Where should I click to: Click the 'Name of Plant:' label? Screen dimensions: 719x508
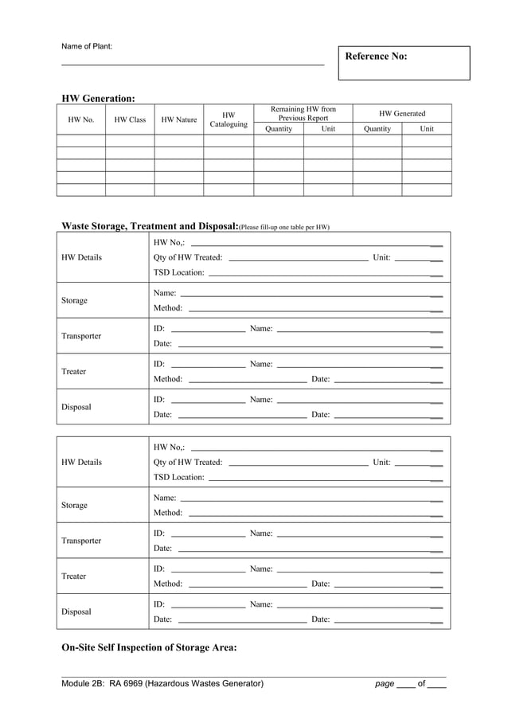87,46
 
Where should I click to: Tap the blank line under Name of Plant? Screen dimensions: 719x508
193,64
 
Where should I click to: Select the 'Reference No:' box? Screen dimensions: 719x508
404,63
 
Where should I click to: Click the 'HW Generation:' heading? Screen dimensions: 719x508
98,99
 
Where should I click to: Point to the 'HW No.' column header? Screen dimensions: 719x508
81,120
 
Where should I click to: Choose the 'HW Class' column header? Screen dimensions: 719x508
130,120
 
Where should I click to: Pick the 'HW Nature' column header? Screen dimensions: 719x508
179,120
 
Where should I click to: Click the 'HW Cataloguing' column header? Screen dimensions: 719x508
229,119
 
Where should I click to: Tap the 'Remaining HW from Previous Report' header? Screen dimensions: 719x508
303,113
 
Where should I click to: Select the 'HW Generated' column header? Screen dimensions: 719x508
402,114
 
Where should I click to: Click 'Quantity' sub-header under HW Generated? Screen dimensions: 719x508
377,129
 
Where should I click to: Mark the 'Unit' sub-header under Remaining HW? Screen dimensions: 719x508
328,129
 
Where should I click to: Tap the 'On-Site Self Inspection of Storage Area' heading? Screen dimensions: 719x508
149,647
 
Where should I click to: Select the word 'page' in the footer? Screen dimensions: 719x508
385,683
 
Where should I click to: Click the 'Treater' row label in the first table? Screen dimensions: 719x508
73,372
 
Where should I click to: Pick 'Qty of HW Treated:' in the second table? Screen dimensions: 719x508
188,463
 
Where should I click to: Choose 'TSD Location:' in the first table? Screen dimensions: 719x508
178,273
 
